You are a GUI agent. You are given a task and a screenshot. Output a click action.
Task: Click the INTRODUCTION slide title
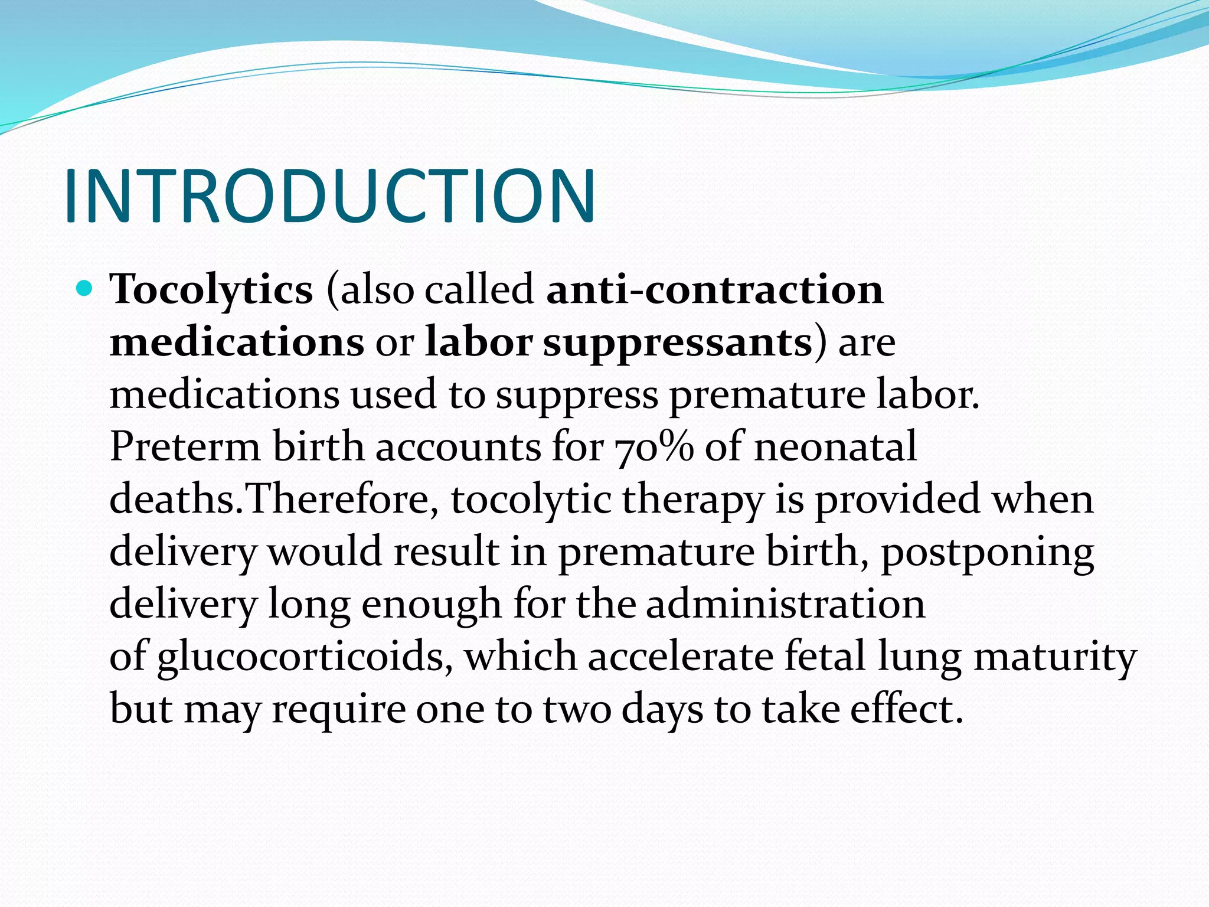tap(329, 196)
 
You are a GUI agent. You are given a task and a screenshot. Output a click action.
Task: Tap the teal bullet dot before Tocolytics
tap(85, 289)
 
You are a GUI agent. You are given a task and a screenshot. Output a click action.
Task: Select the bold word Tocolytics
tap(211, 291)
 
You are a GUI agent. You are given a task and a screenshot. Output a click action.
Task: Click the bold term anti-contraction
tap(714, 291)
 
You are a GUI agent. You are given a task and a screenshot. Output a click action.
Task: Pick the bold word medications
tap(237, 342)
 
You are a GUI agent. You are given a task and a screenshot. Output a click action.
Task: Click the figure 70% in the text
tap(654, 448)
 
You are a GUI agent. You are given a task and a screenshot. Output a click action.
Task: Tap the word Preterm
tap(185, 447)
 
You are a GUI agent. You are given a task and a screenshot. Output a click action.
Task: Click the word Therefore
tap(341, 500)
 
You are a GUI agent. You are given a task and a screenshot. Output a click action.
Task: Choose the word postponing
tap(987, 553)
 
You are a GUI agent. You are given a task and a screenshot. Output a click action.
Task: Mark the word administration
tap(786, 604)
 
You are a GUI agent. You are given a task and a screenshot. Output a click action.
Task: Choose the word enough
tap(431, 605)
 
